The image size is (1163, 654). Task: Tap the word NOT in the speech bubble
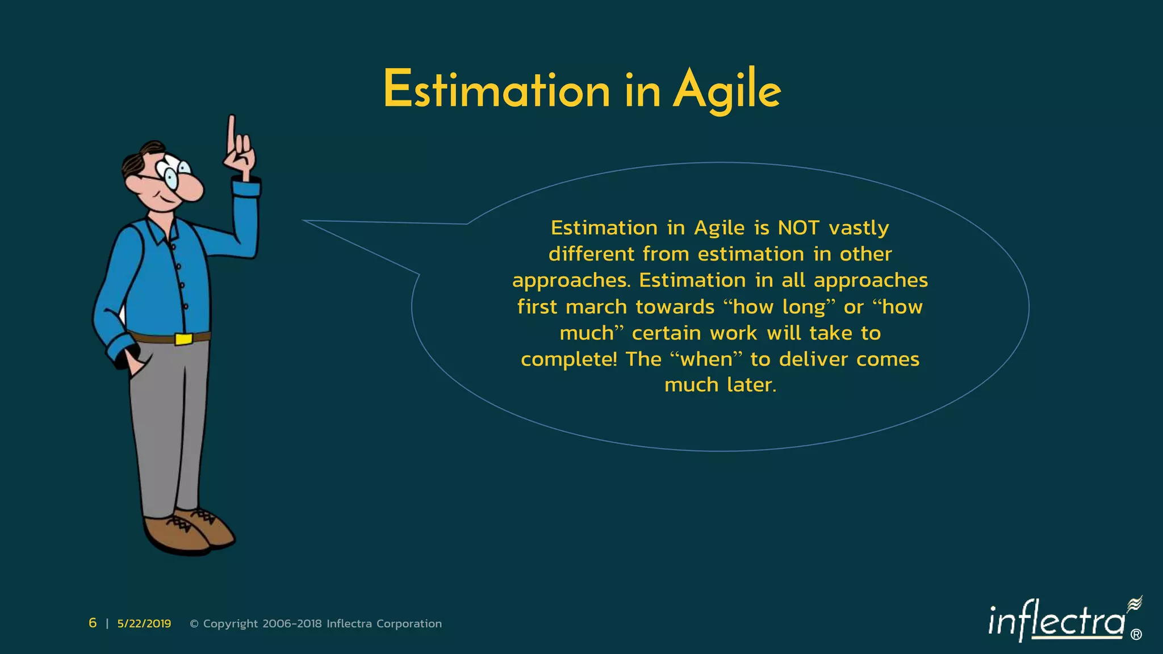(798, 228)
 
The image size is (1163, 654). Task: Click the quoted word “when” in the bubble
(706, 359)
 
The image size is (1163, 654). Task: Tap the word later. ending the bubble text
(751, 385)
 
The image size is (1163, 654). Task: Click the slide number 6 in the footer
(93, 623)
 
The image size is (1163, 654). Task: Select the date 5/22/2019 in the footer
(144, 623)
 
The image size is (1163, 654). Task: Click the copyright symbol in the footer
(194, 624)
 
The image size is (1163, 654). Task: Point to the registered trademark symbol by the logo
(1136, 635)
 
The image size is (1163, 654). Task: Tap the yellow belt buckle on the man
(183, 339)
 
